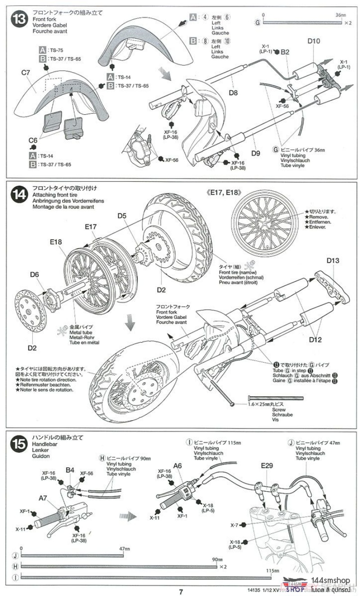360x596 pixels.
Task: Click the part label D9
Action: tap(256, 153)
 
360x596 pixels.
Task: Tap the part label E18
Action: tap(56, 242)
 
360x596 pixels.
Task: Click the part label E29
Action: tap(266, 466)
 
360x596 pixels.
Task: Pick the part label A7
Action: tap(43, 498)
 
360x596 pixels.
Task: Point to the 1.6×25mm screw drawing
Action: tap(274, 398)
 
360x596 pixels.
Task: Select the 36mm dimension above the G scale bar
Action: tap(341, 15)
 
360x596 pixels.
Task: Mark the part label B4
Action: tap(70, 470)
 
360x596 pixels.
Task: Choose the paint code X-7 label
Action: tap(234, 525)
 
